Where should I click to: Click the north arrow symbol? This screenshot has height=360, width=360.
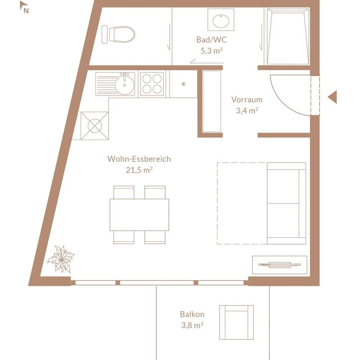click(24, 7)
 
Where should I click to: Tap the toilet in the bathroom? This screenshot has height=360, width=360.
click(118, 35)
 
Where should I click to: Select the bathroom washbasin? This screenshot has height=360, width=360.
click(221, 20)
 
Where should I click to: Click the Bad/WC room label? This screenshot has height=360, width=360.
click(211, 40)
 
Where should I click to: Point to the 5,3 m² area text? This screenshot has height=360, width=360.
click(211, 50)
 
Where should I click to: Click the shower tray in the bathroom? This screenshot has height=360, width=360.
click(288, 36)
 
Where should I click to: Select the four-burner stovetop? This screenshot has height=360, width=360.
click(152, 84)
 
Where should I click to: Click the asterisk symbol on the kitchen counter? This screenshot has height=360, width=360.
click(183, 84)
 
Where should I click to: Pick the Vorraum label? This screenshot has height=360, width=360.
click(247, 99)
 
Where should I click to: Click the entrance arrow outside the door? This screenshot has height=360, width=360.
click(332, 97)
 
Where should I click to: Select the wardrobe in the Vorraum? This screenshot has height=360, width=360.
click(211, 101)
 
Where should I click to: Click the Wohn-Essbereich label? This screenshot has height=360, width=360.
click(139, 159)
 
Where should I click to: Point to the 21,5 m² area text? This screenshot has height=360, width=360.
click(139, 170)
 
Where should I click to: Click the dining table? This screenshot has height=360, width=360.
click(139, 215)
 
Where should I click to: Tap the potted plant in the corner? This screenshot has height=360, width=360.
click(61, 259)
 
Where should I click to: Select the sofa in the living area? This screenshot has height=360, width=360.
click(286, 203)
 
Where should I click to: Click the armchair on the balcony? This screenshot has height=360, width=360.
click(237, 322)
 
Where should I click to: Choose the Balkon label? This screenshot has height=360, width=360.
click(192, 314)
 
